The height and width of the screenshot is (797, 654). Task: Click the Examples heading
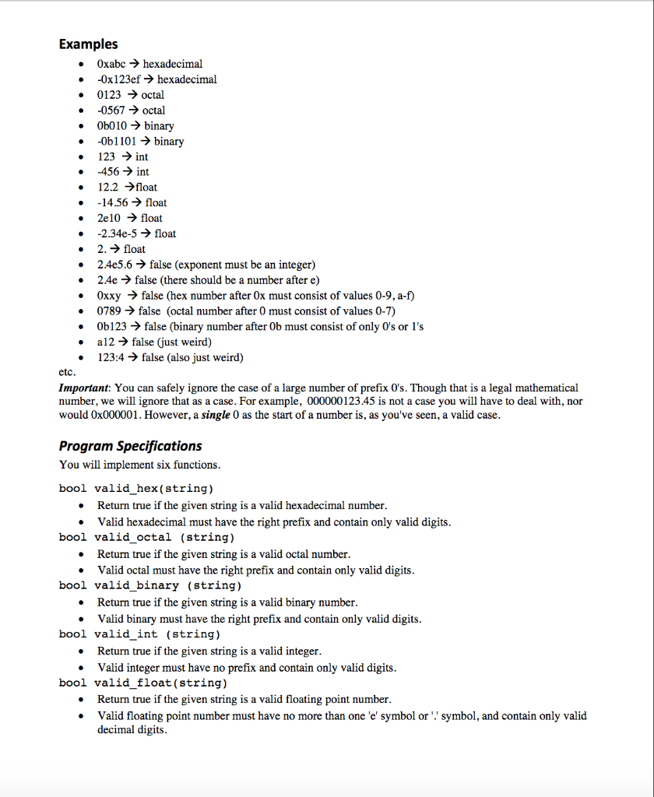[x=88, y=44]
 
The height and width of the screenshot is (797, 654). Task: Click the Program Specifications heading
[x=130, y=446]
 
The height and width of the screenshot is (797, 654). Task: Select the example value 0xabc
[x=113, y=64]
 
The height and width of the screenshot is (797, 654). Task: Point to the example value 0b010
[x=114, y=125]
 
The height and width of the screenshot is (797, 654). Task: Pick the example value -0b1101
[x=118, y=141]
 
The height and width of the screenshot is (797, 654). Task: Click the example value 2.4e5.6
[x=115, y=265]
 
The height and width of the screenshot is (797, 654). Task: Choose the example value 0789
[x=111, y=311]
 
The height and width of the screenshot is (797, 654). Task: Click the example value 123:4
[x=112, y=357]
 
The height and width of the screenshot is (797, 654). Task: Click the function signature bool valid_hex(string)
[x=136, y=489]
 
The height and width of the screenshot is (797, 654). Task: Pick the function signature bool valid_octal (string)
[x=146, y=537]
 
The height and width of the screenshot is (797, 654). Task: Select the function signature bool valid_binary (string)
[x=150, y=585]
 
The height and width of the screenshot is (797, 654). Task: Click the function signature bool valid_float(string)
[x=143, y=683]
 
